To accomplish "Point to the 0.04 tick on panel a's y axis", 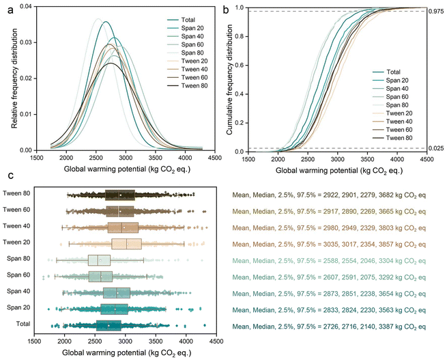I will coord(25,7).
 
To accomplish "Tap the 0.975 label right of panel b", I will coord(435,11).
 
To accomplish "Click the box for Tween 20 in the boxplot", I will coord(126,244).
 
